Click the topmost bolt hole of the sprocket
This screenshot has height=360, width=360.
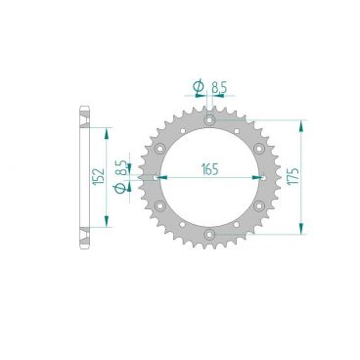pos(210,120)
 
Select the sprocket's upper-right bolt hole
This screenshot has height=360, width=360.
pos(259,149)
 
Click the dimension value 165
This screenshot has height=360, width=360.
pos(209,167)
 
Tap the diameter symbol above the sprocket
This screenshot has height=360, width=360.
pos(200,88)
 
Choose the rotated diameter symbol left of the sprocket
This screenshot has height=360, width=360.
pos(121,188)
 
